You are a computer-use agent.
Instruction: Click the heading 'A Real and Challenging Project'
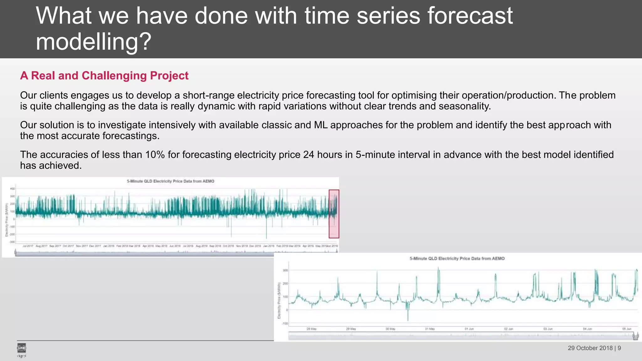104,76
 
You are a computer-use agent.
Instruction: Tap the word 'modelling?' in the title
93,42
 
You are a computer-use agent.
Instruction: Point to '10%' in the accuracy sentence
155,154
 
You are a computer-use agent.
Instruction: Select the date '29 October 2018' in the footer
590,348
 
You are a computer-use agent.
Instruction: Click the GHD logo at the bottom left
21,348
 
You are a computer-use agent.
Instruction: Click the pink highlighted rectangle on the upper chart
334,214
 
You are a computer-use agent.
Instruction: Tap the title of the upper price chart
170,181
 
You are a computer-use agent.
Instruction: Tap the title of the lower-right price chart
457,259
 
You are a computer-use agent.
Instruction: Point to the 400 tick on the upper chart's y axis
12,189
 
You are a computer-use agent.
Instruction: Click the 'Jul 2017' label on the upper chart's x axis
28,246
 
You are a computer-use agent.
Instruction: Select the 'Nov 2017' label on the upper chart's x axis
82,246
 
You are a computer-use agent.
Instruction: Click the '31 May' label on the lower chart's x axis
429,329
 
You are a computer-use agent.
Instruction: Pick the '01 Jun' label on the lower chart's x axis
469,329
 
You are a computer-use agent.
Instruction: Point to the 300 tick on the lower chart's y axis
285,270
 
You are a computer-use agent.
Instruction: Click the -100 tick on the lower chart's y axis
285,323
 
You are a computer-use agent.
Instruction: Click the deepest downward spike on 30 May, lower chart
408,320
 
